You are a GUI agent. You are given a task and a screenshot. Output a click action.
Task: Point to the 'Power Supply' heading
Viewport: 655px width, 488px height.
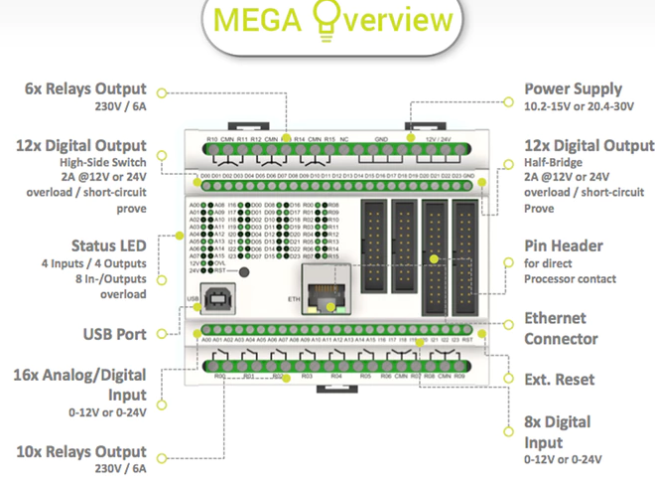click(x=573, y=89)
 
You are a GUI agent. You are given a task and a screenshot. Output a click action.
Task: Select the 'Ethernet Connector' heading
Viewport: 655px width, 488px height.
click(x=562, y=329)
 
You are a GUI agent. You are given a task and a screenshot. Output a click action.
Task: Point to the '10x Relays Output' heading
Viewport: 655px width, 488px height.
click(x=80, y=451)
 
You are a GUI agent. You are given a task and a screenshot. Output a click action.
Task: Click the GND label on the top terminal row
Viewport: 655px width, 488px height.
click(x=381, y=139)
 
